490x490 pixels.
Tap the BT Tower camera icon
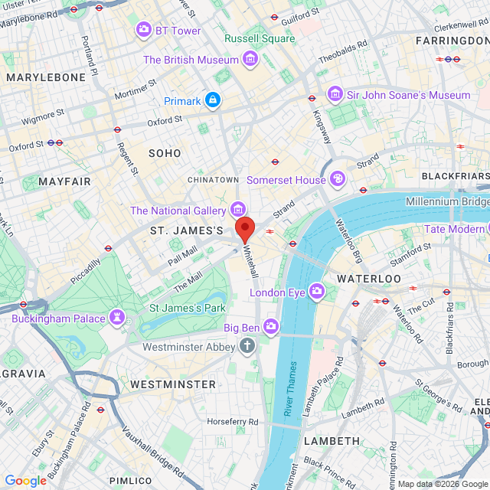(x=143, y=30)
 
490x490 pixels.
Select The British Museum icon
(x=250, y=59)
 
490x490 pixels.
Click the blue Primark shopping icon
(x=213, y=100)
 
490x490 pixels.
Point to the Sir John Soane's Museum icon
(x=335, y=94)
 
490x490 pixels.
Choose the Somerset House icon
(x=338, y=179)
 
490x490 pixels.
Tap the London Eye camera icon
(x=317, y=292)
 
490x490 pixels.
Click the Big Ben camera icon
(x=271, y=328)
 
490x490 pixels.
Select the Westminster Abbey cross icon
(x=247, y=347)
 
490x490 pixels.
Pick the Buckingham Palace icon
(x=116, y=317)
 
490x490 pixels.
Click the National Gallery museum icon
(x=238, y=209)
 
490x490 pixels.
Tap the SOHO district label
(x=165, y=153)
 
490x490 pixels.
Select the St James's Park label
(x=187, y=308)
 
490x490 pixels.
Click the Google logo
(x=25, y=480)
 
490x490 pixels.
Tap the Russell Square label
(x=260, y=38)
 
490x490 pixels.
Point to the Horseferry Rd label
(x=232, y=422)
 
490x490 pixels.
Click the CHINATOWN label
(x=214, y=180)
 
